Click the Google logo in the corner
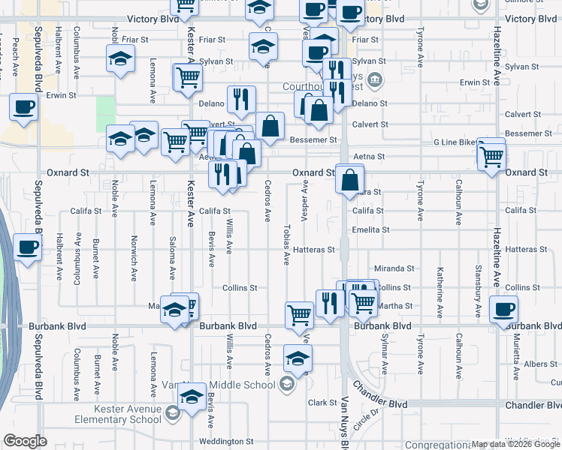click(25, 441)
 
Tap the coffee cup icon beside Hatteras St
click(28, 247)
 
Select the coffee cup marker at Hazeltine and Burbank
click(503, 310)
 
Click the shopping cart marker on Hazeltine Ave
click(492, 157)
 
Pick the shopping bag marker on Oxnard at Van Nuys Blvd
click(350, 181)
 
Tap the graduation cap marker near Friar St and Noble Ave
click(119, 59)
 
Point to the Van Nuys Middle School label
click(219, 385)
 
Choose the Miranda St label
click(394, 268)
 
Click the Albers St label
click(542, 364)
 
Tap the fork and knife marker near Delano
click(242, 100)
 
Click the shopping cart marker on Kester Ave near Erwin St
click(188, 76)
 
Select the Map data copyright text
click(515, 444)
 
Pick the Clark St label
click(322, 403)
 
